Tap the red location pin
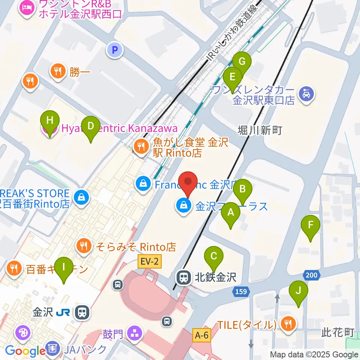pyautogui.click(x=188, y=183)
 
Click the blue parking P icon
pyautogui.click(x=115, y=49)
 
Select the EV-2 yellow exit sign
pyautogui.click(x=149, y=262)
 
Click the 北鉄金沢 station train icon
pyautogui.click(x=184, y=277)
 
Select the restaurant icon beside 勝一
pyautogui.click(x=58, y=71)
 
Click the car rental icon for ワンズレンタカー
pyautogui.click(x=307, y=93)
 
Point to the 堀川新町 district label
pyautogui.click(x=259, y=130)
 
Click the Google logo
pyautogui.click(x=25, y=351)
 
